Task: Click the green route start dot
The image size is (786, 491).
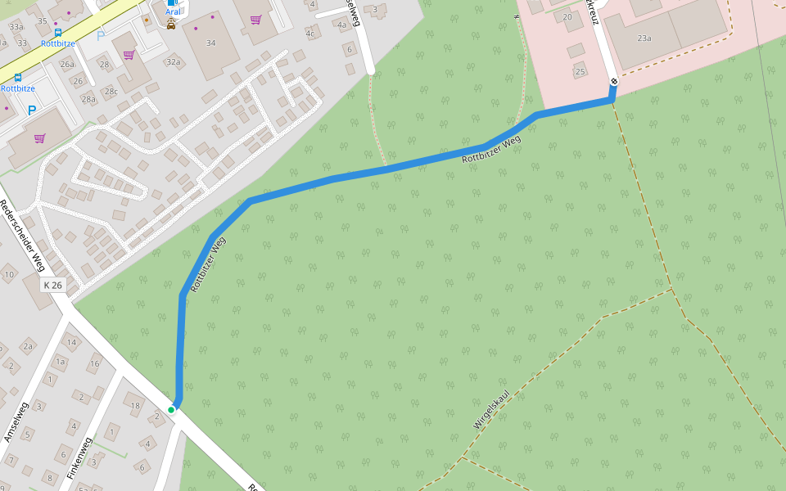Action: click(171, 410)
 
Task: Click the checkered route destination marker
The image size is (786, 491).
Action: click(613, 81)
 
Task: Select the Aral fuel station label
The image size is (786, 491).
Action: click(173, 11)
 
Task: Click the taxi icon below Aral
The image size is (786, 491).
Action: click(171, 25)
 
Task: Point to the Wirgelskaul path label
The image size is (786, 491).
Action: click(491, 408)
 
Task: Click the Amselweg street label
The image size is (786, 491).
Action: click(16, 422)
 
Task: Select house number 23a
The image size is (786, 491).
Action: click(644, 38)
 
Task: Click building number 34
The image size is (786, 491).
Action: click(211, 43)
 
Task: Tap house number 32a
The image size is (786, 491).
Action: click(173, 61)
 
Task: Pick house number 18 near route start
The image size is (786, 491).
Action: click(136, 406)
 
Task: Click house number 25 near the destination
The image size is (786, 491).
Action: click(580, 71)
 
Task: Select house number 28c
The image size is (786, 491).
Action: click(111, 91)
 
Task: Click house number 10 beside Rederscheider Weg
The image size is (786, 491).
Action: click(9, 274)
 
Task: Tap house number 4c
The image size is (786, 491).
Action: click(310, 34)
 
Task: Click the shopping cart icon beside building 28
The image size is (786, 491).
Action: click(129, 55)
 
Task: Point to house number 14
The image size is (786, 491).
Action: click(71, 342)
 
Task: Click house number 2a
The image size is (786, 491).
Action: click(28, 346)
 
